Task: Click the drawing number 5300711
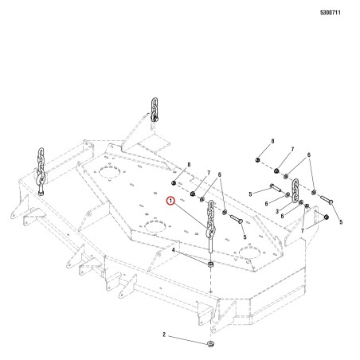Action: (331, 13)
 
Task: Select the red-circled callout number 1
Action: (170, 201)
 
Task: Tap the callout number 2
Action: (164, 335)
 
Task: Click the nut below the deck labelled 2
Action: (210, 344)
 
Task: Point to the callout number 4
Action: (174, 250)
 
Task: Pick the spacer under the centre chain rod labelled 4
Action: (210, 264)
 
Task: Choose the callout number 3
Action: (277, 212)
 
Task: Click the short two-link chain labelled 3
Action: (295, 190)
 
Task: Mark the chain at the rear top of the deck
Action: (154, 109)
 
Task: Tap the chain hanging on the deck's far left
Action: (41, 169)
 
